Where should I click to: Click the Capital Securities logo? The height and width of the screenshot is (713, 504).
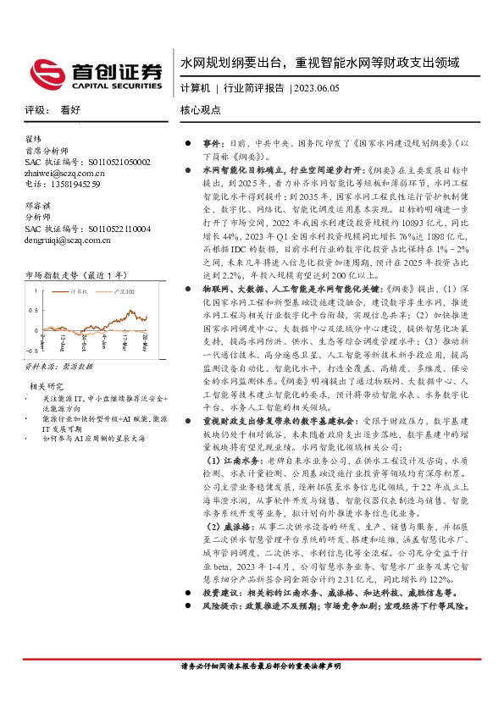click(94, 73)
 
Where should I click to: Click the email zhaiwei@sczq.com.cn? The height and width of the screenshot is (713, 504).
click(65, 172)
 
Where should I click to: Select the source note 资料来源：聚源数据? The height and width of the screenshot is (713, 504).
click(58, 368)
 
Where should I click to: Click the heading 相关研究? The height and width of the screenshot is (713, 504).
click(44, 386)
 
